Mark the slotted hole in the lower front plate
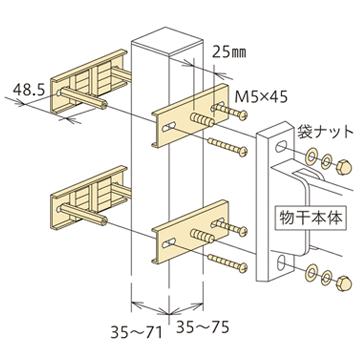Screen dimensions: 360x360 [169, 237]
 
